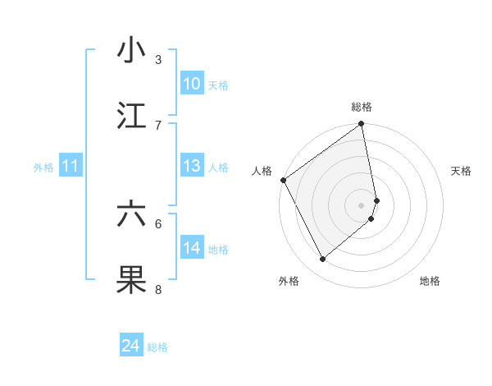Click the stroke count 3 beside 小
tap(158, 60)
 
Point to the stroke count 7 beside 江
tap(158, 125)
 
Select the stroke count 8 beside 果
tap(158, 289)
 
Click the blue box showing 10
tap(191, 84)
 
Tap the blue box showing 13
tap(191, 166)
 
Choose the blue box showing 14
tap(191, 248)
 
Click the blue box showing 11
tap(71, 166)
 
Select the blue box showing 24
tap(131, 347)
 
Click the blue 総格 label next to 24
tap(157, 347)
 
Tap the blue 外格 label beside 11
tap(43, 167)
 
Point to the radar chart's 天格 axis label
tap(461, 171)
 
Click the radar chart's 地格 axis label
tap(430, 281)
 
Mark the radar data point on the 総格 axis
tap(361, 125)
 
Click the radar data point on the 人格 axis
tap(283, 180)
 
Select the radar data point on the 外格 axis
tap(322, 259)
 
